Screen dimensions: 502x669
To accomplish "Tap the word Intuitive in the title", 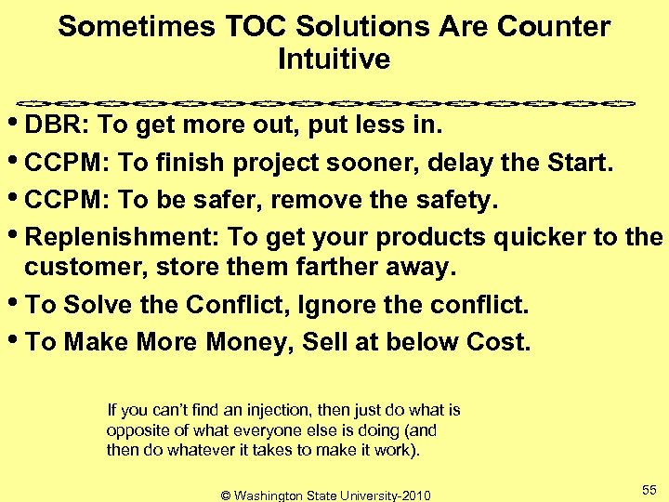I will (x=334, y=59).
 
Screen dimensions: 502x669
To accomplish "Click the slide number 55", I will (x=649, y=489).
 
